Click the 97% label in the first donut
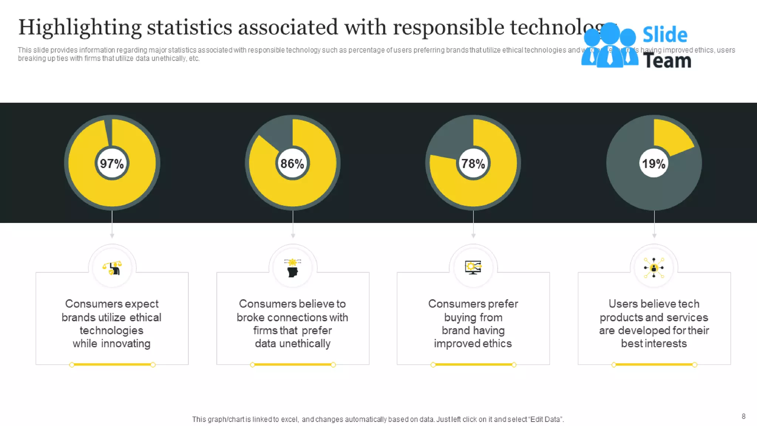(112, 163)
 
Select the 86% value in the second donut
(292, 163)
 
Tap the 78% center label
(473, 163)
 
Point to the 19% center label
(654, 163)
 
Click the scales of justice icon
(112, 268)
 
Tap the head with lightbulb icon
(292, 268)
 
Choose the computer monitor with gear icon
(473, 267)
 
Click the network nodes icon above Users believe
(654, 268)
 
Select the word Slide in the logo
(665, 35)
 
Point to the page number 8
(743, 416)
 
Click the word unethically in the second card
(305, 344)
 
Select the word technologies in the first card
(111, 330)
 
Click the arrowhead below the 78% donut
(473, 236)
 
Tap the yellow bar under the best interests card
(654, 365)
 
